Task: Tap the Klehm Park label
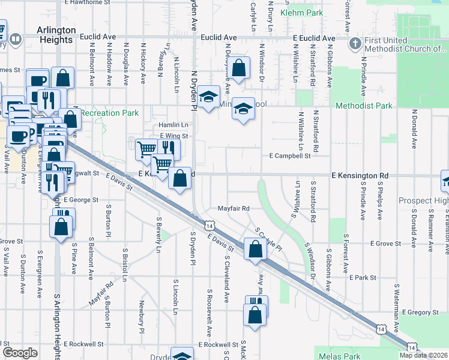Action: pyautogui.click(x=306, y=12)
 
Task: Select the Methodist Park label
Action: pyautogui.click(x=364, y=106)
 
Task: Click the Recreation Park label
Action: pyautogui.click(x=109, y=113)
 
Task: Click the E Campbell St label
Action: pyautogui.click(x=289, y=155)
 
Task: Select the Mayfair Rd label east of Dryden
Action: pyautogui.click(x=233, y=208)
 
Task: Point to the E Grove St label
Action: pyautogui.click(x=385, y=244)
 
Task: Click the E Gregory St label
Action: pyautogui.click(x=421, y=312)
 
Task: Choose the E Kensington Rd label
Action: pyautogui.click(x=360, y=176)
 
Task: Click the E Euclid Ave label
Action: pyautogui.click(x=314, y=38)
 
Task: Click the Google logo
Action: pyautogui.click(x=20, y=353)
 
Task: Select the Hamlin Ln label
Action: pyautogui.click(x=173, y=125)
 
